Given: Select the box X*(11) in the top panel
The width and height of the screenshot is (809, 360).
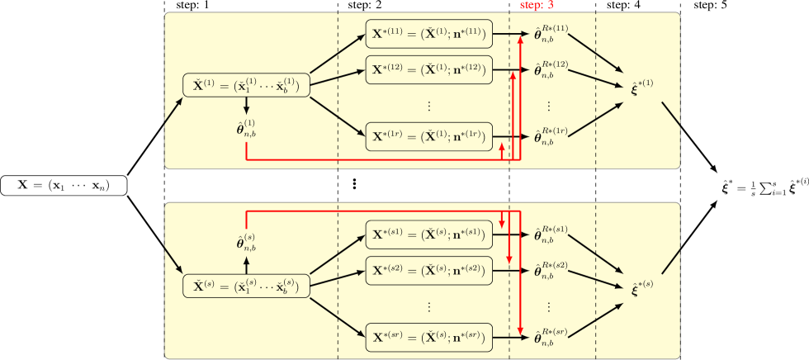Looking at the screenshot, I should (428, 36).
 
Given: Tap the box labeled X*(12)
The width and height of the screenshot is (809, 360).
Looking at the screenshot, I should (428, 69).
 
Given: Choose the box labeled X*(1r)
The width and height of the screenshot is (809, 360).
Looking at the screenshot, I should (428, 136).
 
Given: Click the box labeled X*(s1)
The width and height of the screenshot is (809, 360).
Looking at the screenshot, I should (428, 236).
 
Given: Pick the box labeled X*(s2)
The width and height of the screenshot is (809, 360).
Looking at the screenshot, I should (428, 269).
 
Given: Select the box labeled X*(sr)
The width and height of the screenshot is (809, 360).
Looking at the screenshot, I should (428, 337).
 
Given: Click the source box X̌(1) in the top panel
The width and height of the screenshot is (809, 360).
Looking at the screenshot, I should (246, 85).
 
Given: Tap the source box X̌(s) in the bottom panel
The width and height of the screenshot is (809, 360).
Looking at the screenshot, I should (246, 286).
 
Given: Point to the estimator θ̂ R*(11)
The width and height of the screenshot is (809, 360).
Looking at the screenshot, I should (551, 36).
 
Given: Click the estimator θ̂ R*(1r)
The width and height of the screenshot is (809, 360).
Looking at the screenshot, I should (551, 136).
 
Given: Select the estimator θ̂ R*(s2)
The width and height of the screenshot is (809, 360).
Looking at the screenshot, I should (551, 270).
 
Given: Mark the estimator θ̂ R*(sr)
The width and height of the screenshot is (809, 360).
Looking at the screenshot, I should (551, 337).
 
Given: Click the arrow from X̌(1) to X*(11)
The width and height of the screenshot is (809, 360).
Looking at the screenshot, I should (338, 53).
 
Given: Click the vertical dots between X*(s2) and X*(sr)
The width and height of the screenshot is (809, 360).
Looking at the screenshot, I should (428, 306).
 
